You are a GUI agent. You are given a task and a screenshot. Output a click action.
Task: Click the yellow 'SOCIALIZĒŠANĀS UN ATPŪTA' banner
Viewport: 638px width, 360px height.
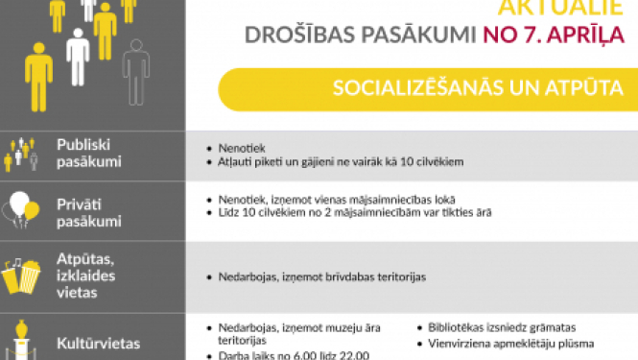click(426, 88)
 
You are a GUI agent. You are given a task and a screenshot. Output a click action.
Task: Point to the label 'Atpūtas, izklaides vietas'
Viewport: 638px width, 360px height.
click(85, 276)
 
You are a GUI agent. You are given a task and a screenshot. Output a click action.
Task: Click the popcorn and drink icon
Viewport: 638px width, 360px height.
click(23, 276)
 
